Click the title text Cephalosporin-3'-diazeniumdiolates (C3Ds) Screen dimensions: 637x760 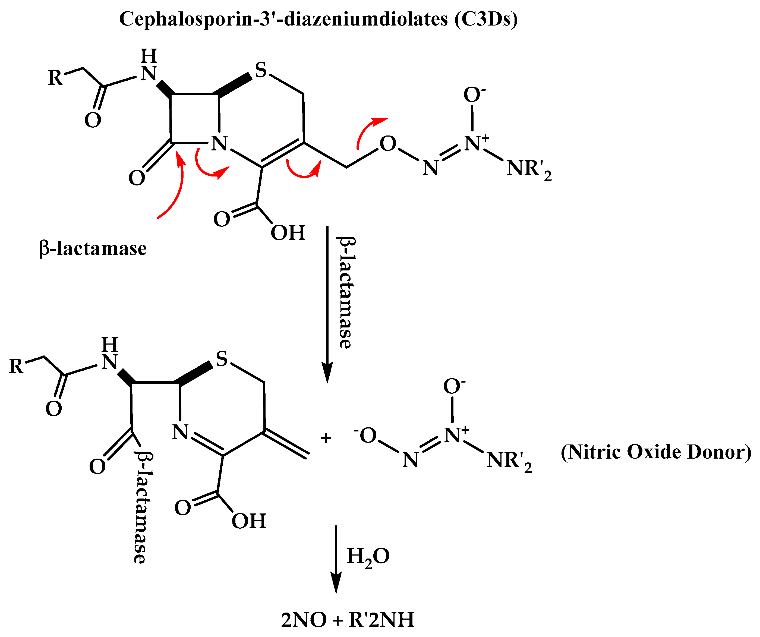(318, 19)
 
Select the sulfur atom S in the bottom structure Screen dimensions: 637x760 (222, 359)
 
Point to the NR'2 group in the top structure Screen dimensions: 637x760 (529, 169)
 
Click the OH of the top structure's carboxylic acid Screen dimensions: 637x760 (288, 233)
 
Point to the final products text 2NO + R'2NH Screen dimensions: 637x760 (348, 620)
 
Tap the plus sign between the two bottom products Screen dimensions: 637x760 (326, 438)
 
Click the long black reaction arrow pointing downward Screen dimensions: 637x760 (327, 304)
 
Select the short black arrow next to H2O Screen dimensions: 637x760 (336, 559)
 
